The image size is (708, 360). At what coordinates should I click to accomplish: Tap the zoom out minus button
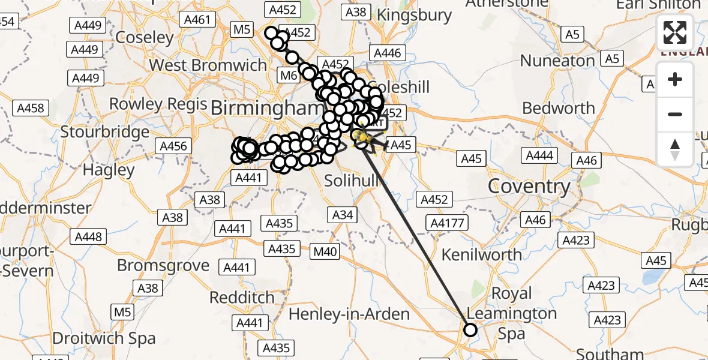(675, 114)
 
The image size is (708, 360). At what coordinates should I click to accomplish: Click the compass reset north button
(675, 149)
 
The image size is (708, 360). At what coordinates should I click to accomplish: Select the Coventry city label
(529, 186)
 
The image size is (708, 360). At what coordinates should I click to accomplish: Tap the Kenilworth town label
(482, 254)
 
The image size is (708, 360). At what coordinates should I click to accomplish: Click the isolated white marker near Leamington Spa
(470, 330)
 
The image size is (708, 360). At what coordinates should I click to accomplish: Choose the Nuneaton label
(557, 61)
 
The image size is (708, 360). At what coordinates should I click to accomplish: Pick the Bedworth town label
(559, 109)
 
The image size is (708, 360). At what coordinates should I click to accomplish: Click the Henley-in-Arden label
(349, 314)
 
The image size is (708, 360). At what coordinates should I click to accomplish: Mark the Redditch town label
(242, 298)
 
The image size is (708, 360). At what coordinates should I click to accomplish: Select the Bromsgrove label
(163, 265)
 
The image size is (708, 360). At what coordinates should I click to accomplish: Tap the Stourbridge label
(105, 132)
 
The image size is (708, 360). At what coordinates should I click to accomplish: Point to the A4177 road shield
(448, 223)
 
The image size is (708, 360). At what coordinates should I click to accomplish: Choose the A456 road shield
(174, 146)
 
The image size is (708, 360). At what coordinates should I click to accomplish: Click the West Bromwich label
(208, 65)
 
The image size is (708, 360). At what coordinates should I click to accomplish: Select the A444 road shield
(539, 156)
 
